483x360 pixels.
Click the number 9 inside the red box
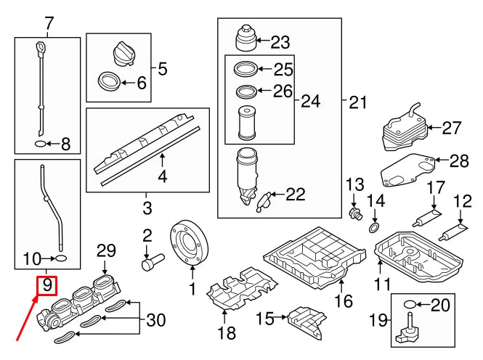46,285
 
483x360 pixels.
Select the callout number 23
280,42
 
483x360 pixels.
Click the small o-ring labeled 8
40,144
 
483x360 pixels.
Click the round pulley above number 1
187,240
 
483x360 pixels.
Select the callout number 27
452,128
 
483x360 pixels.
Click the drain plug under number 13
357,213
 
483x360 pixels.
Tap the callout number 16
343,300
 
